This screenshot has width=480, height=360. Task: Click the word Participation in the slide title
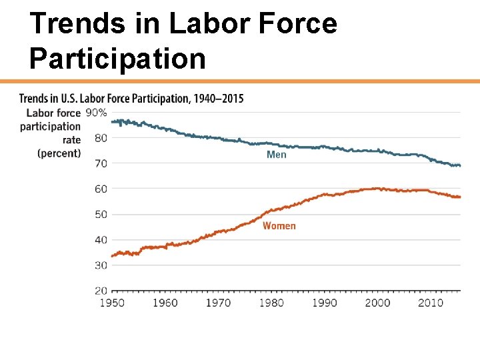(117, 58)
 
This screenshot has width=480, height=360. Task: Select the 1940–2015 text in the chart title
(218, 99)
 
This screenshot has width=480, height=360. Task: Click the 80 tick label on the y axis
(100, 138)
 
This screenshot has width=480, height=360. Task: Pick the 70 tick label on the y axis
(100, 163)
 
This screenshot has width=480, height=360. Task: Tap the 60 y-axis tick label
(100, 189)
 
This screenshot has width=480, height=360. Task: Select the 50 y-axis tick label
(100, 214)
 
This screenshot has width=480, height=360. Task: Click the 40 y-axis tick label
(100, 239)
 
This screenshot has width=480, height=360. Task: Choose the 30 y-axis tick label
(100, 265)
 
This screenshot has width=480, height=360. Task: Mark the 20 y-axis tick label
(100, 291)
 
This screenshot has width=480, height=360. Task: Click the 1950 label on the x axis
(112, 303)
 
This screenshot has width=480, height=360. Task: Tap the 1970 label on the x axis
(218, 303)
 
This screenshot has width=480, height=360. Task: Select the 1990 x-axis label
(325, 303)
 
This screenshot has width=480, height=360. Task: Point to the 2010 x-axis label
(431, 303)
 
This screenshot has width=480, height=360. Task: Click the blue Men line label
(276, 155)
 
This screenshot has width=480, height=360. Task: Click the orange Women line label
(279, 226)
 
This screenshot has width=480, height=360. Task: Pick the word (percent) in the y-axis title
(59, 153)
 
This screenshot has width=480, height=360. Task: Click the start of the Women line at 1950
(113, 256)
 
